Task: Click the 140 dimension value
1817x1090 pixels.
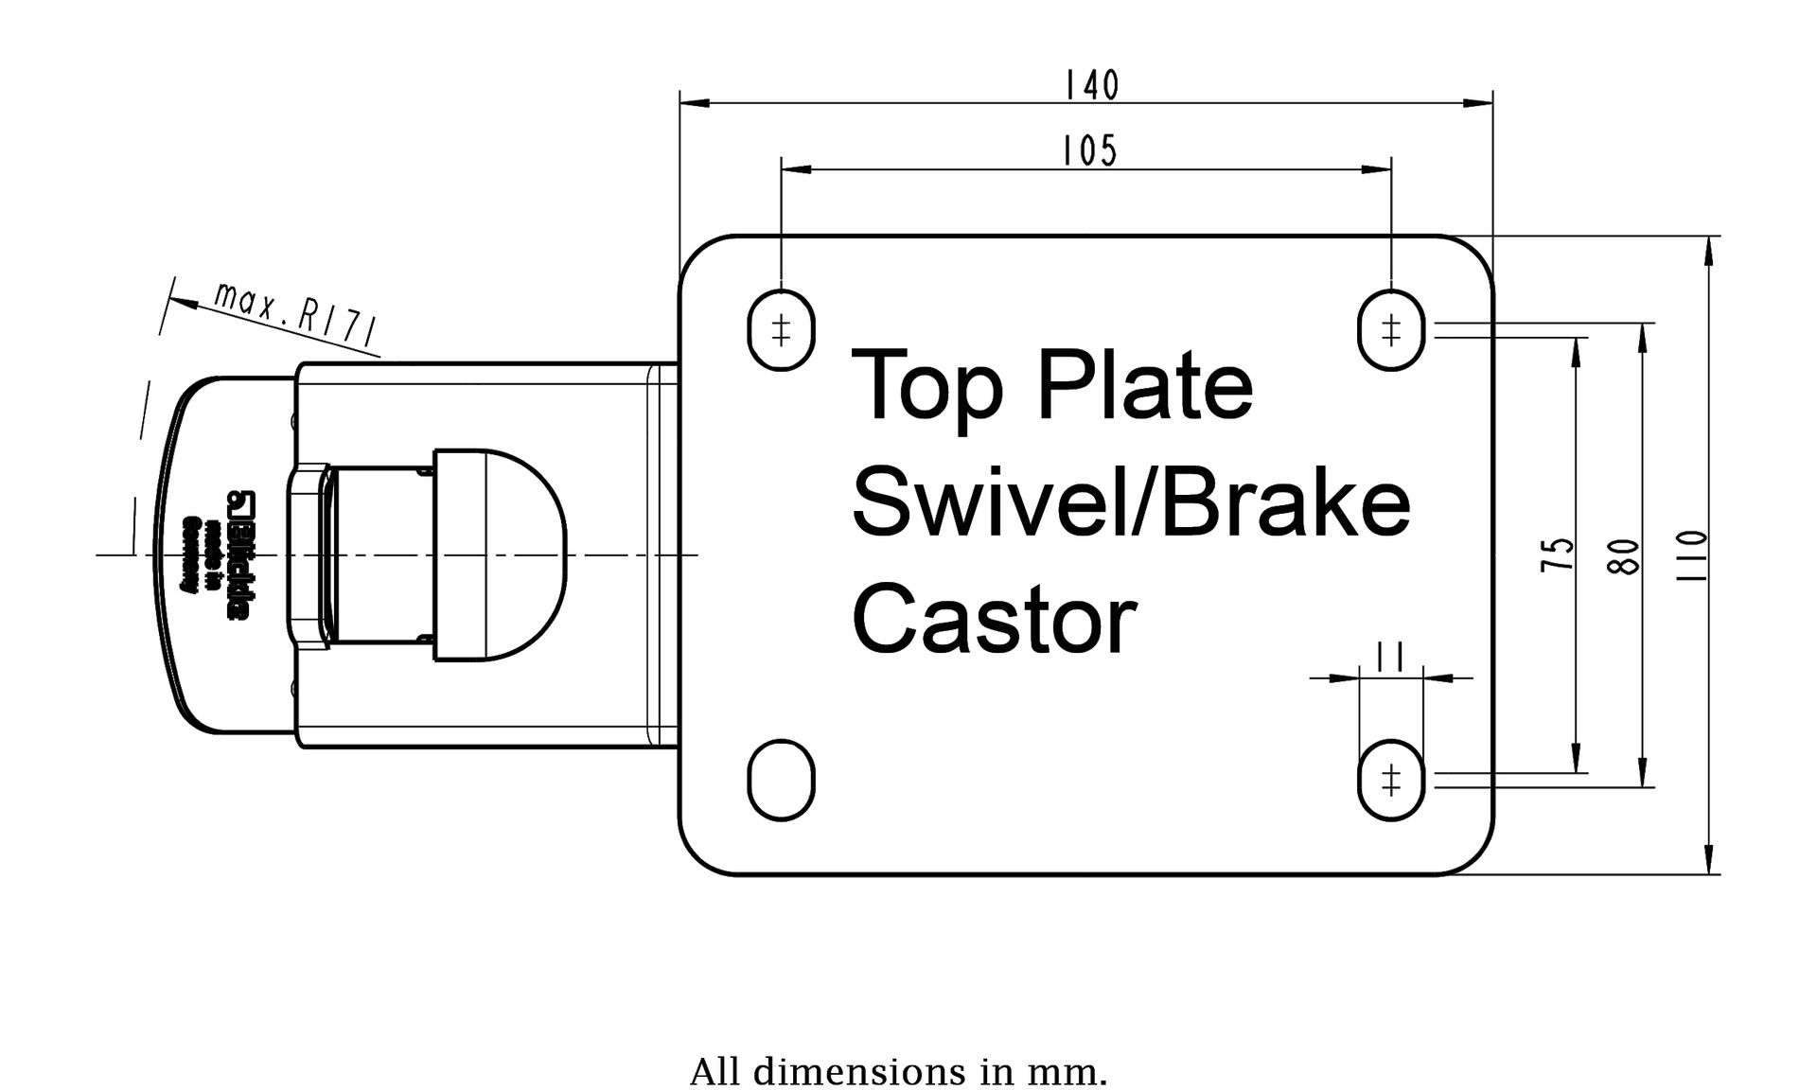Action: point(1091,86)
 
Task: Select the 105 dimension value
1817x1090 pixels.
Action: point(1090,151)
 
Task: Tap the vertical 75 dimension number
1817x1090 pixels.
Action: point(1558,554)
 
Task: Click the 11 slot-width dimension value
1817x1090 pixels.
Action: point(1389,655)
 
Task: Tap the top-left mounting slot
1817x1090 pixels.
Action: point(781,330)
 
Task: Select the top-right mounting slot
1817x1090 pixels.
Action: point(1390,330)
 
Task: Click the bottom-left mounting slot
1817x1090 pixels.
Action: point(781,781)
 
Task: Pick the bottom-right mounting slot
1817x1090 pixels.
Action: point(1390,781)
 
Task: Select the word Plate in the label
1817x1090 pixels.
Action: point(1146,385)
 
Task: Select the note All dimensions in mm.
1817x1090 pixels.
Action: point(898,1072)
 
